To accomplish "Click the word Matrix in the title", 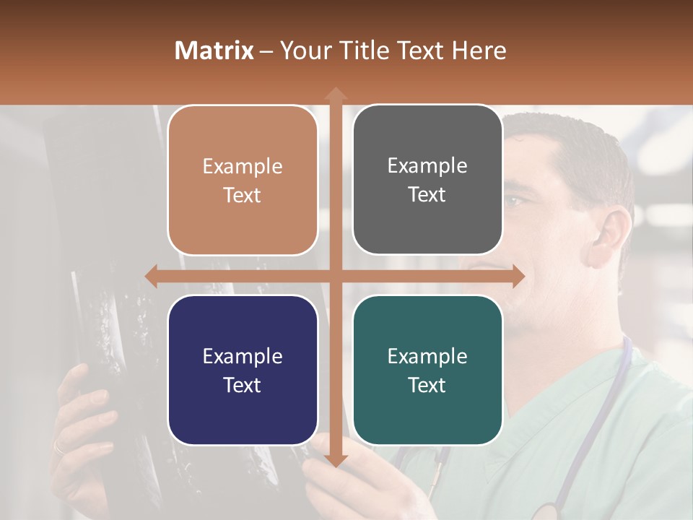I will tap(214, 51).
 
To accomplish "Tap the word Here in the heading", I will tap(479, 51).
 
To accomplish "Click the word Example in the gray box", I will tap(427, 166).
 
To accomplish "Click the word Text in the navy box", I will tap(242, 385).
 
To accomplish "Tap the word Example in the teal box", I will tap(427, 356).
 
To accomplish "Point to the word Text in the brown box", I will tap(242, 195).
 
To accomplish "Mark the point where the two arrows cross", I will tap(335, 276).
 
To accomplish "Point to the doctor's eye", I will tap(514, 201).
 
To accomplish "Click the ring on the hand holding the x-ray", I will tap(58, 448).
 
